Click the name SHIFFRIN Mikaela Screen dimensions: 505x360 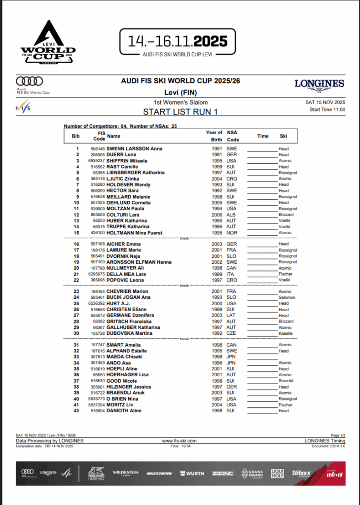click(127, 161)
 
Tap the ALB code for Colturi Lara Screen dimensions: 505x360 click(231, 215)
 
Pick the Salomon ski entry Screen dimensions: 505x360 click(287, 297)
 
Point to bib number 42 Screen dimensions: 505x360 click(76, 410)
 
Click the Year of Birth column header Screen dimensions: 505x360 click(214, 136)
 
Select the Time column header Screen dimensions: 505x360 click(263, 136)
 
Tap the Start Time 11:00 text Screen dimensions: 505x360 click(327, 109)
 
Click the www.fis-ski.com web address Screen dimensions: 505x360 click(180, 441)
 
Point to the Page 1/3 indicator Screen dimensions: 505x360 click(338, 435)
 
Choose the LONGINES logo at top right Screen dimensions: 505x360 click(319, 84)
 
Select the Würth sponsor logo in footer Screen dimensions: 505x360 click(192, 473)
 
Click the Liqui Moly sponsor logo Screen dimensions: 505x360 click(278, 473)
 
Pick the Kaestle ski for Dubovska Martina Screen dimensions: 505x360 click(285, 333)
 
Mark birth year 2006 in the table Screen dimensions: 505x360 click(214, 215)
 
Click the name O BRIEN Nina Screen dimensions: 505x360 click(122, 398)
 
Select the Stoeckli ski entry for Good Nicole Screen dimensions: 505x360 click(286, 381)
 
